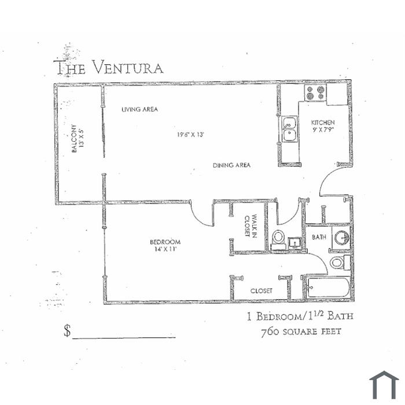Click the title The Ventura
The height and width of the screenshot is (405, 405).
point(108,68)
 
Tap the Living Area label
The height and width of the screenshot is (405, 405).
point(139,109)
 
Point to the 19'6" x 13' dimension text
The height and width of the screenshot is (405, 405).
point(190,135)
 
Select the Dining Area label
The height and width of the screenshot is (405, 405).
point(231,165)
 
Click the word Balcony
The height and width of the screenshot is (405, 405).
point(74,138)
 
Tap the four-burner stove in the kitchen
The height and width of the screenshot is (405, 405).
point(315,93)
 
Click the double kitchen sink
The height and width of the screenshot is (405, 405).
point(289,129)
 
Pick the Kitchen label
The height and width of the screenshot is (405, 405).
point(323,123)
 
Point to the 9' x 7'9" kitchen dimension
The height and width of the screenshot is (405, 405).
point(323,130)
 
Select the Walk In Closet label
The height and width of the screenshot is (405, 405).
point(251,226)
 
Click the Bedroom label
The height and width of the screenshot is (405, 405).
point(165,242)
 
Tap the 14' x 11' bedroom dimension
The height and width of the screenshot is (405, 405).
point(165,249)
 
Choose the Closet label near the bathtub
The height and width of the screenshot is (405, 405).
point(261,291)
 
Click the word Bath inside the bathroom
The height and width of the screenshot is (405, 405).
point(319,237)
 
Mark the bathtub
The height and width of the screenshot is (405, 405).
point(328,287)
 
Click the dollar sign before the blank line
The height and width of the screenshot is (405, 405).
point(67,330)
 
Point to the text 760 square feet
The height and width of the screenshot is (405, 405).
point(301,332)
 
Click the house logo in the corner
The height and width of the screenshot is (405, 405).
point(384,385)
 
